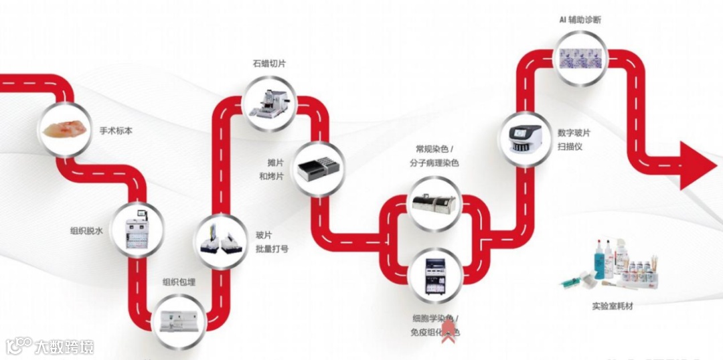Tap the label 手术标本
coord(116,131)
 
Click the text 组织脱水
coord(86,231)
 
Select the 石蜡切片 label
coord(270,64)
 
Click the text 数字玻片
coord(574,132)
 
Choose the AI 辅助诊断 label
coord(580,20)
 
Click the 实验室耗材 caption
coord(612,306)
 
